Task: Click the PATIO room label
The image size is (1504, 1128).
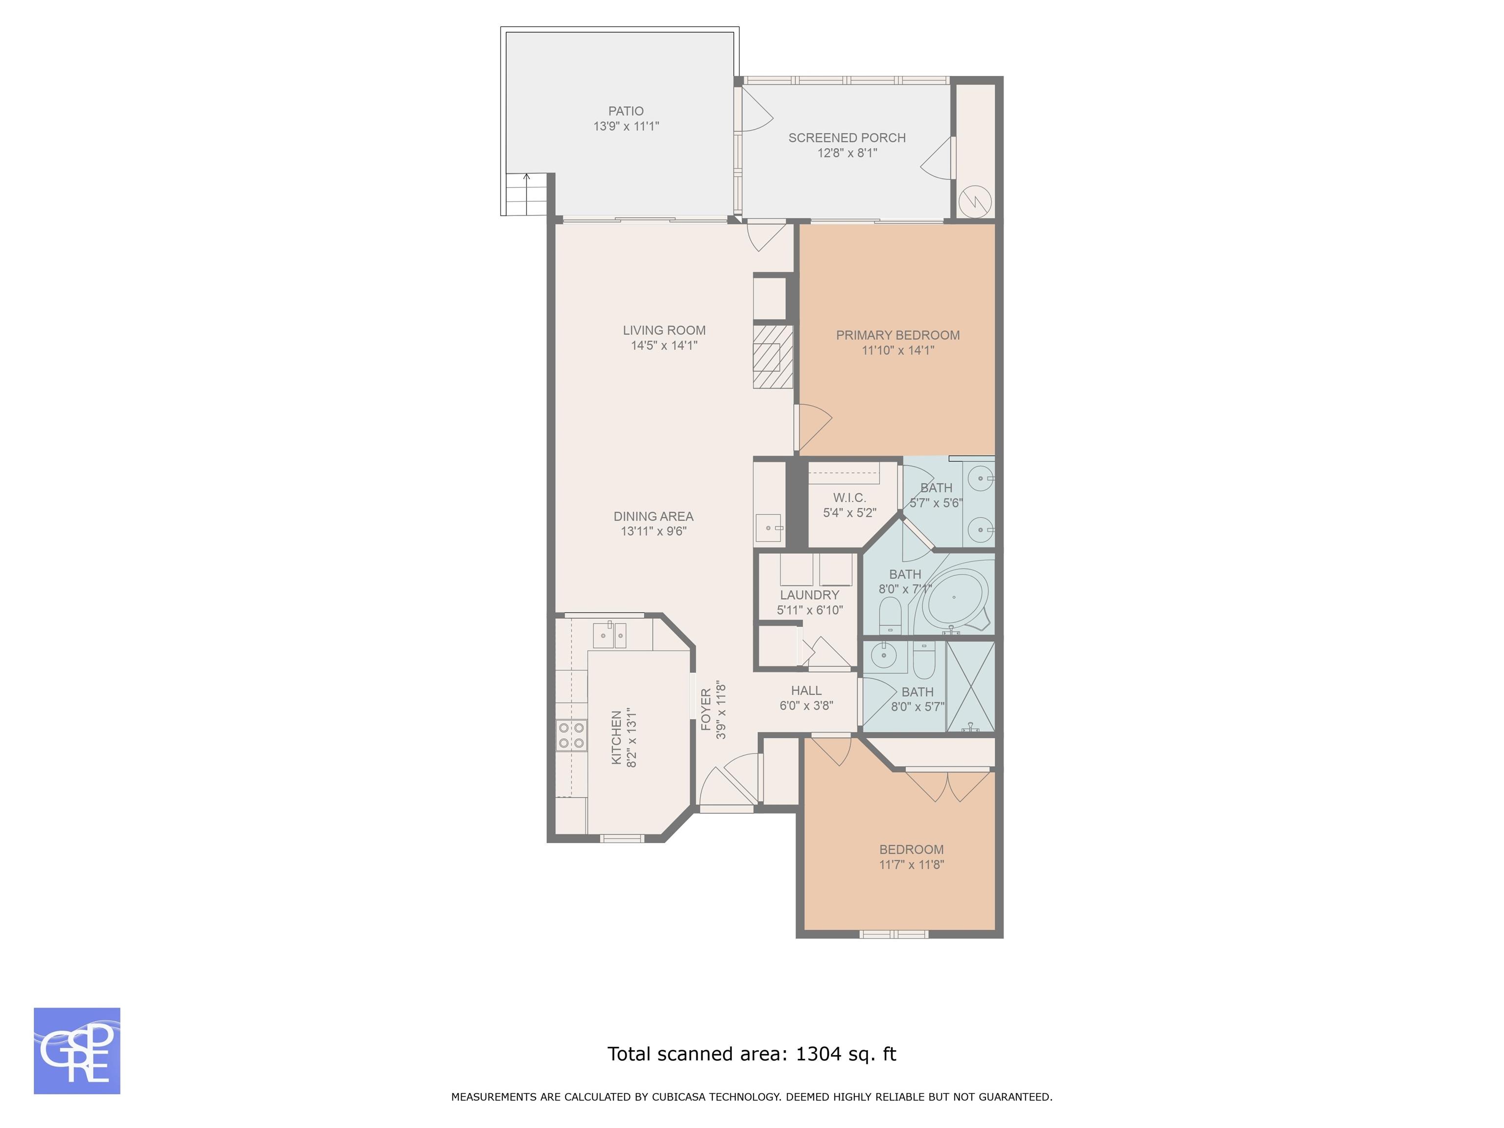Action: [626, 111]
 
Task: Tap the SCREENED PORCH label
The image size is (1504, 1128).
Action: [846, 138]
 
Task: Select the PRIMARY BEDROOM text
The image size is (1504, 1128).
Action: [897, 335]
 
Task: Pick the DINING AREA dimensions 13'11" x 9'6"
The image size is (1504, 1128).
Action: [654, 531]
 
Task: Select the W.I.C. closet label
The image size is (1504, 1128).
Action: [849, 498]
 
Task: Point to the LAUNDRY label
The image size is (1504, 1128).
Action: [809, 595]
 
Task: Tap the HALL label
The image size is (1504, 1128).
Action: [806, 691]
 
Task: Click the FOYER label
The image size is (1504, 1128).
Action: [706, 710]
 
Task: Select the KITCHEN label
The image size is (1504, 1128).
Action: [616, 738]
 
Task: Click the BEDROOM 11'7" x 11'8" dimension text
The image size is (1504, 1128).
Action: [911, 865]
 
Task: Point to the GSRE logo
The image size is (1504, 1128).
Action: [77, 1051]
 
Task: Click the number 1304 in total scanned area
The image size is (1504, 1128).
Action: [817, 1054]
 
